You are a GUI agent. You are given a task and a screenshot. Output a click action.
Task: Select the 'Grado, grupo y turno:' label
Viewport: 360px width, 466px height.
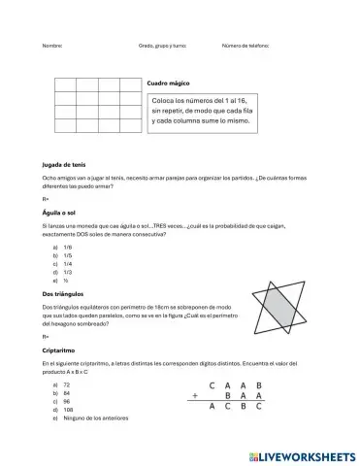[x=162, y=46]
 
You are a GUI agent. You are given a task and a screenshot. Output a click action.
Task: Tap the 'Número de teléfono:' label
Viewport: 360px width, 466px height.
[x=245, y=46]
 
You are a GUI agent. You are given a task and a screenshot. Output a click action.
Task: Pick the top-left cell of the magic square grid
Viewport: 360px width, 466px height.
[x=65, y=84]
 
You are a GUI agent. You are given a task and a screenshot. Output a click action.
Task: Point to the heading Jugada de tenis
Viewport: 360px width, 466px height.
[x=64, y=165]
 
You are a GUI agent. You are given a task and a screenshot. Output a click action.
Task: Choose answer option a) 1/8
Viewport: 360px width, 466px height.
[x=63, y=247]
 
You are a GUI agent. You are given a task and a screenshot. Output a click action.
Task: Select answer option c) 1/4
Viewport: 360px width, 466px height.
[x=63, y=263]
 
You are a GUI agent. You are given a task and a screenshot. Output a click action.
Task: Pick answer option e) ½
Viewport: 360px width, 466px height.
[x=62, y=280]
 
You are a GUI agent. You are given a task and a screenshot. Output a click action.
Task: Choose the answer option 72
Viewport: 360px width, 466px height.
[x=65, y=383]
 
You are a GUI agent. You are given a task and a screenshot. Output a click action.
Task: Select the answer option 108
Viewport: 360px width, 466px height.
[x=67, y=409]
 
